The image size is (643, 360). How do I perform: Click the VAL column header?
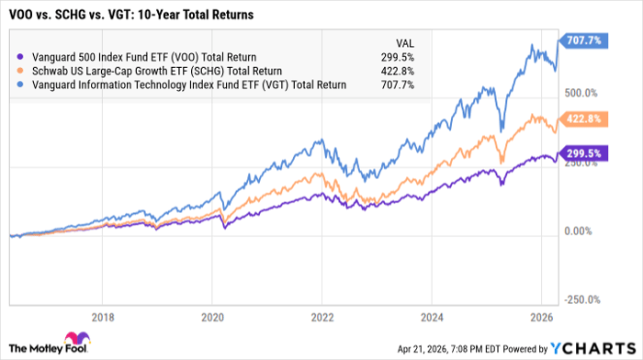[x=402, y=40]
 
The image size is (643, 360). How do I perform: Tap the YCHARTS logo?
[x=591, y=348]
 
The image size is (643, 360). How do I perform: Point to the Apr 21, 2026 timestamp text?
[x=441, y=349]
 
